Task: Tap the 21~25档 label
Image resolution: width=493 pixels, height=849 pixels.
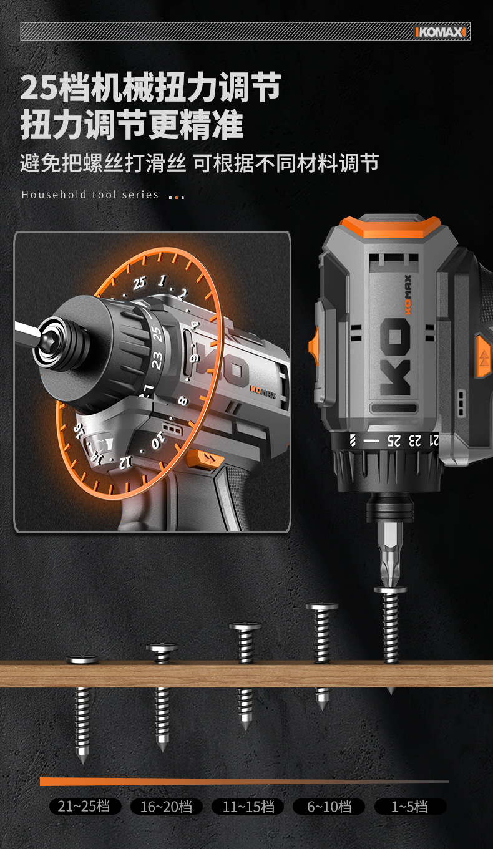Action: pyautogui.click(x=85, y=806)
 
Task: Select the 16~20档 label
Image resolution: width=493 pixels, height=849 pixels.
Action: pyautogui.click(x=166, y=806)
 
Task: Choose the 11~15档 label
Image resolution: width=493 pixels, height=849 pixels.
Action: pyautogui.click(x=248, y=806)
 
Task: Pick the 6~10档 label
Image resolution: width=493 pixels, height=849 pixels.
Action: pyautogui.click(x=329, y=806)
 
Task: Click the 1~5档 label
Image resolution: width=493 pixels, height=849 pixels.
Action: pyautogui.click(x=410, y=806)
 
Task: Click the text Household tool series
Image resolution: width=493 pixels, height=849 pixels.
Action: pyautogui.click(x=90, y=195)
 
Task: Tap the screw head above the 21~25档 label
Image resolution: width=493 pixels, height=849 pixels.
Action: pyautogui.click(x=82, y=659)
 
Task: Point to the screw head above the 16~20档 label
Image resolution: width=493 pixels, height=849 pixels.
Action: pyautogui.click(x=162, y=648)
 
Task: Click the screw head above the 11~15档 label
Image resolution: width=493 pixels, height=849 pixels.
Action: pyautogui.click(x=245, y=626)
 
